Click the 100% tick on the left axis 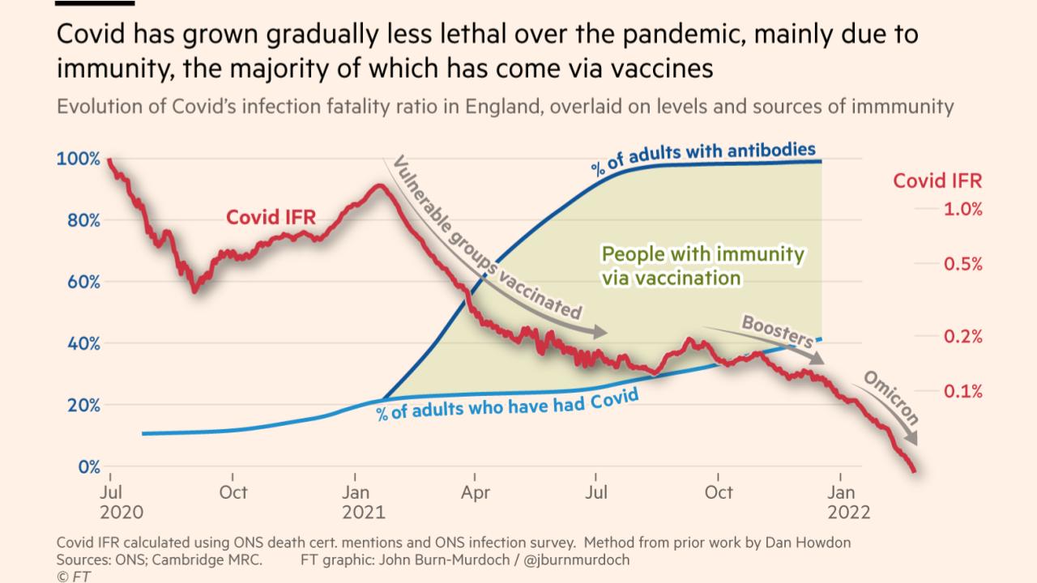[x=78, y=159]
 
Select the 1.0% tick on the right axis [x=962, y=209]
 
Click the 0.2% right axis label [x=962, y=336]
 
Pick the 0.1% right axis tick [x=962, y=391]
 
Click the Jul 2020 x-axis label [x=121, y=502]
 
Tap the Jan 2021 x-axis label [x=363, y=502]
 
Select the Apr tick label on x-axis [x=476, y=492]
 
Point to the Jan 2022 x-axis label [x=847, y=502]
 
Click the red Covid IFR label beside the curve [x=271, y=217]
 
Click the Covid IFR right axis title [x=937, y=181]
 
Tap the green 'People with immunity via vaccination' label [x=702, y=266]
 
